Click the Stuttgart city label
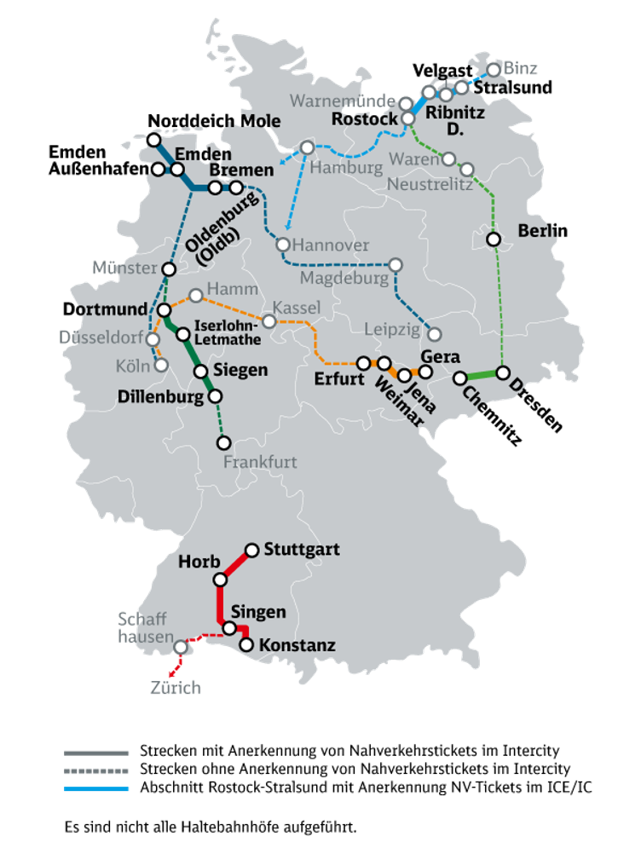[x=302, y=549]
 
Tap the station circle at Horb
[x=220, y=580]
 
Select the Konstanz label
[x=297, y=645]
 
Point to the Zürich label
[x=176, y=687]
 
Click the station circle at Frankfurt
[x=224, y=442]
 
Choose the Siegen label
[x=240, y=370]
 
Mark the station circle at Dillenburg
[x=215, y=395]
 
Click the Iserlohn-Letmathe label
[x=228, y=333]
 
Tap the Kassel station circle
[x=269, y=321]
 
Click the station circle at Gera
[x=425, y=371]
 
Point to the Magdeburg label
[x=345, y=278]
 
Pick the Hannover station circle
[x=283, y=245]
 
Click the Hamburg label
[x=346, y=168]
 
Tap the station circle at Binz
[x=494, y=69]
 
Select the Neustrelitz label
[x=430, y=184]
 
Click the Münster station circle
[x=169, y=269]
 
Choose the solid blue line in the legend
[x=96, y=788]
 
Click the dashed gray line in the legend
[x=96, y=770]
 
